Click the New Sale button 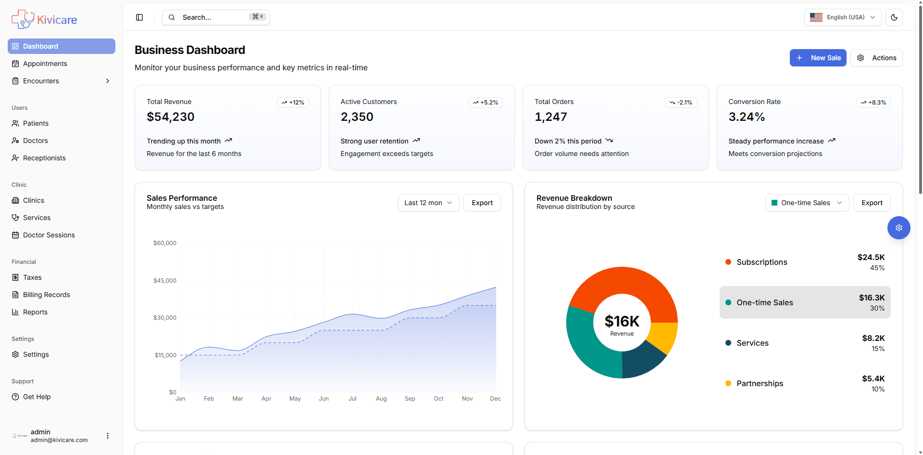(x=818, y=58)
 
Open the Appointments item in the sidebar (x=45, y=64)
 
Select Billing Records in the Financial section (x=46, y=295)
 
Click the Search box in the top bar (x=215, y=17)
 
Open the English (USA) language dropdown (x=842, y=17)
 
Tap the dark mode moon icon (x=894, y=17)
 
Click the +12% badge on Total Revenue (x=293, y=103)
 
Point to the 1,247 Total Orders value (x=550, y=117)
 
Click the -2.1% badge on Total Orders (x=681, y=103)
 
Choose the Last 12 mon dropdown (x=428, y=203)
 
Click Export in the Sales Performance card (x=482, y=203)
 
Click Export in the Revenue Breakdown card (x=872, y=203)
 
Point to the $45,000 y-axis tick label (x=165, y=280)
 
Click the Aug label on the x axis (x=381, y=399)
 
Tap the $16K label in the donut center (x=622, y=321)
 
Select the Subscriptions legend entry (x=761, y=262)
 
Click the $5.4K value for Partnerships (x=873, y=378)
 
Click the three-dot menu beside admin (x=108, y=436)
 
